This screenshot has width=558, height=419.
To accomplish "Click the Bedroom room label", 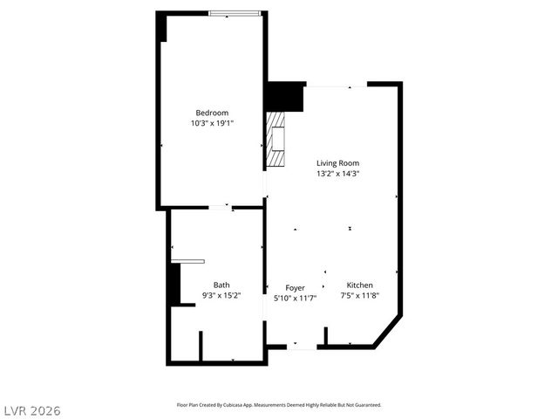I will [212, 113].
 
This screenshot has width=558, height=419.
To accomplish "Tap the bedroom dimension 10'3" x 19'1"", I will [212, 123].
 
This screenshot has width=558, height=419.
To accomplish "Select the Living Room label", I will [337, 163].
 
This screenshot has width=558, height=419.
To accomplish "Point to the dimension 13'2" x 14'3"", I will [337, 174].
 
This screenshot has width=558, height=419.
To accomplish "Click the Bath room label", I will [221, 285].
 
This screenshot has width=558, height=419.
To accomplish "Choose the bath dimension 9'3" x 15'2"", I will [221, 295].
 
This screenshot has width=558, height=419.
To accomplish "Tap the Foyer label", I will [296, 287].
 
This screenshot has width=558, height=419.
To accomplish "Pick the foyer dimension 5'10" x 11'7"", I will [296, 298].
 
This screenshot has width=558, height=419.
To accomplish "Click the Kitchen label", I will [359, 285].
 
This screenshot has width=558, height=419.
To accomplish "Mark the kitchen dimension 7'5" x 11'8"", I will [359, 296].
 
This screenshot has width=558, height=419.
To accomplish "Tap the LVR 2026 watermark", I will [31, 410].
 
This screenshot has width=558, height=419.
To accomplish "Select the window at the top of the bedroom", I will [235, 13].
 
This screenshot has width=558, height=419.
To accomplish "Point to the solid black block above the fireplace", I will [284, 96].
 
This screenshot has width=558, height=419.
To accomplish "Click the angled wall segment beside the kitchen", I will [387, 332].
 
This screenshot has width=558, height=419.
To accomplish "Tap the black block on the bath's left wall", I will [174, 285].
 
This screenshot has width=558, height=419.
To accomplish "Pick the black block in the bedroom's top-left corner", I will [161, 27].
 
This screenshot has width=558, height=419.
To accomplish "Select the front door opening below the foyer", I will [302, 347].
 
